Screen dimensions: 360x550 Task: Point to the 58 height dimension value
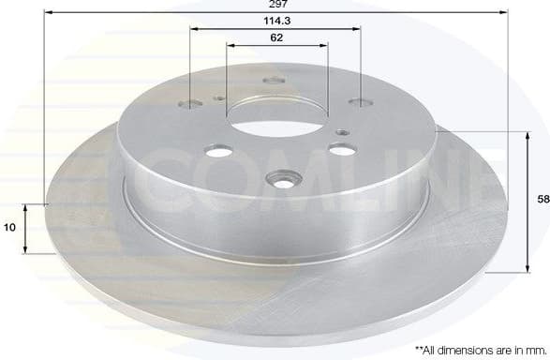point(542,200)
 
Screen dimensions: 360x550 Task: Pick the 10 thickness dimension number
point(10,227)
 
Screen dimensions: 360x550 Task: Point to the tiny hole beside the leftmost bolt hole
point(217,97)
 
